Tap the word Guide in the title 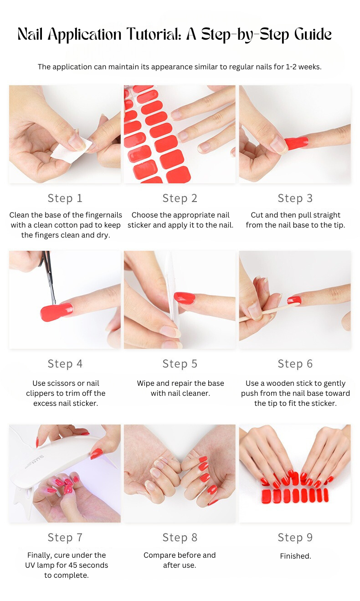pos(313,34)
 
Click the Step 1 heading pos(65,198)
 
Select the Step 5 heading pos(180,364)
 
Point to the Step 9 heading pos(295,538)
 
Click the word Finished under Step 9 pos(295,556)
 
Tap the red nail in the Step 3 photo pos(296,142)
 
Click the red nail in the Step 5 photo pos(185,298)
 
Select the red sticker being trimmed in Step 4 pos(57,312)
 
